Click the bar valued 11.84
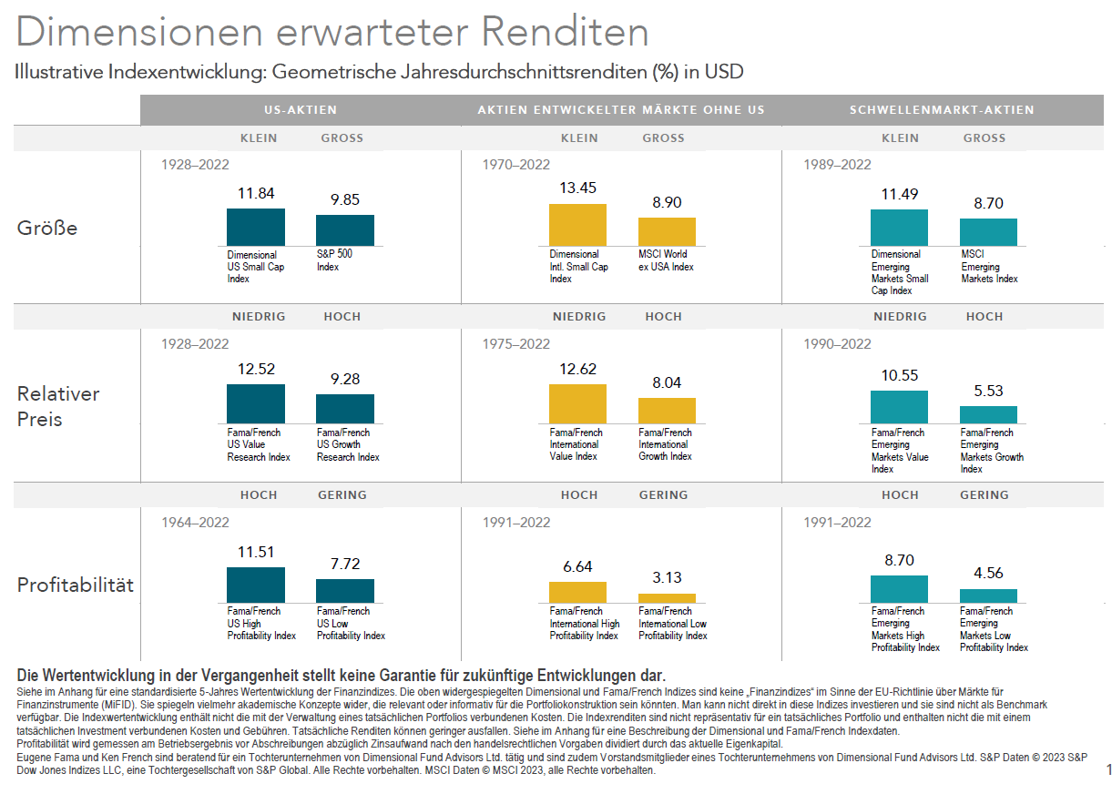256,227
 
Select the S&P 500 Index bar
344,229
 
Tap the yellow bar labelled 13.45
577,224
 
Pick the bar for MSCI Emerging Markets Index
988,231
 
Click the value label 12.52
256,369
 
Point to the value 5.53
988,391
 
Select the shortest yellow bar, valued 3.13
667,597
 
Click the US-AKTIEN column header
301,109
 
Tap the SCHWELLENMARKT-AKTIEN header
942,109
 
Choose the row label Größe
47,228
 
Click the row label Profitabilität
76,585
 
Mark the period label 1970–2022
516,165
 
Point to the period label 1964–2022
195,523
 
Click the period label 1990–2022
837,344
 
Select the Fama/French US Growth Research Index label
348,444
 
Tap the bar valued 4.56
988,595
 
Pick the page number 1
1108,770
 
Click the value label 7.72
345,564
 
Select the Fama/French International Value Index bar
577,403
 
